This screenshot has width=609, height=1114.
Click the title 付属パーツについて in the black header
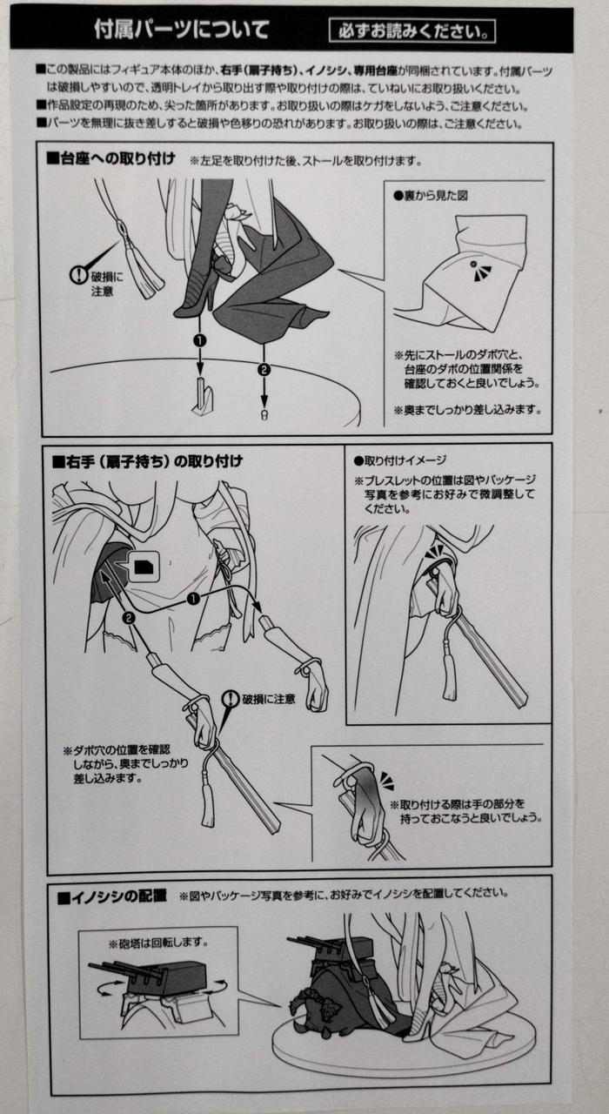(x=182, y=30)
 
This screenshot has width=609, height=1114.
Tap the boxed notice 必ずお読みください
(x=412, y=31)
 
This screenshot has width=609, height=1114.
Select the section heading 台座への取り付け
(x=110, y=159)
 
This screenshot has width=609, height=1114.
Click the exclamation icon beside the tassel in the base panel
(x=79, y=274)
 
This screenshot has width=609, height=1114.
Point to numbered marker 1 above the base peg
(x=200, y=340)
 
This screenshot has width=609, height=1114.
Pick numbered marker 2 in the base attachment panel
(x=264, y=369)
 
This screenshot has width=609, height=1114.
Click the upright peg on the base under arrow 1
(x=203, y=396)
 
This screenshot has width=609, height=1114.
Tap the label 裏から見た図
(x=431, y=196)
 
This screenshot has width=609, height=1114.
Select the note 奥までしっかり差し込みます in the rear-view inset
(x=467, y=410)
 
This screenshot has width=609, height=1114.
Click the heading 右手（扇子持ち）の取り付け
(x=148, y=461)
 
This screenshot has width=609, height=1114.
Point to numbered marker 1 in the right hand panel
(x=193, y=599)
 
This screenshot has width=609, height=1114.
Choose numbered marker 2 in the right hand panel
(x=128, y=617)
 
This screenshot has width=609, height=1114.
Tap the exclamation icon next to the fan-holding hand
(x=231, y=699)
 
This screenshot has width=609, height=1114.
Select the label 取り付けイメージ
(x=400, y=460)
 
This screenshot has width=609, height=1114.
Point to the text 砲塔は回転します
(x=158, y=943)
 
